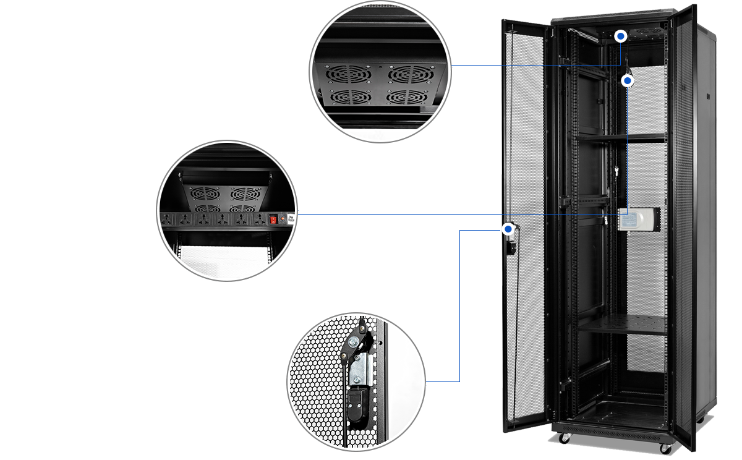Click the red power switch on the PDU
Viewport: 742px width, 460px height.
tap(272, 218)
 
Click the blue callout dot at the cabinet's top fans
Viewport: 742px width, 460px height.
tap(621, 36)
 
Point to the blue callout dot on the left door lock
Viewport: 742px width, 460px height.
tap(508, 229)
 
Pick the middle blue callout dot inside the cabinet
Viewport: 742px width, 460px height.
tap(628, 80)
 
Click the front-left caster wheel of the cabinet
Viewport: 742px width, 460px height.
tap(564, 438)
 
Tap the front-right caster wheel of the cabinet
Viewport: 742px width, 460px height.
tap(665, 448)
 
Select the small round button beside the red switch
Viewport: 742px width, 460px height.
tap(283, 218)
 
